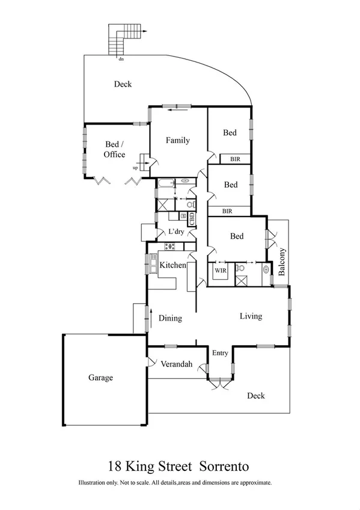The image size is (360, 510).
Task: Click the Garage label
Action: [x=101, y=378]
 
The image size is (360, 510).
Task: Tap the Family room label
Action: [x=178, y=140]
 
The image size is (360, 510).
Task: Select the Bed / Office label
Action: [x=115, y=150]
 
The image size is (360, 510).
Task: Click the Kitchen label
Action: [x=172, y=265]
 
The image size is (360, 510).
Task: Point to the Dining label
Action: [x=170, y=318]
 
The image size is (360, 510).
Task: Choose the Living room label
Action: [x=251, y=316]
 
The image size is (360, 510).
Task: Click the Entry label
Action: [x=219, y=353]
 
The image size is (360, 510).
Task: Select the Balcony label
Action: [x=281, y=262]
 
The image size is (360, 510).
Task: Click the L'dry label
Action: [x=175, y=232]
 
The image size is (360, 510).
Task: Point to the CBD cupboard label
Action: [x=192, y=219]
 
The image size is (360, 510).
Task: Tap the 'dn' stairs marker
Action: [x=121, y=59]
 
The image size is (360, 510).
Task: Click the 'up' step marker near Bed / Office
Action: [x=135, y=168]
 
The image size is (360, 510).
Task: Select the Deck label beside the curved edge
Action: [x=123, y=84]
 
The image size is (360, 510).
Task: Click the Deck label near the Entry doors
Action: [x=255, y=396]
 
